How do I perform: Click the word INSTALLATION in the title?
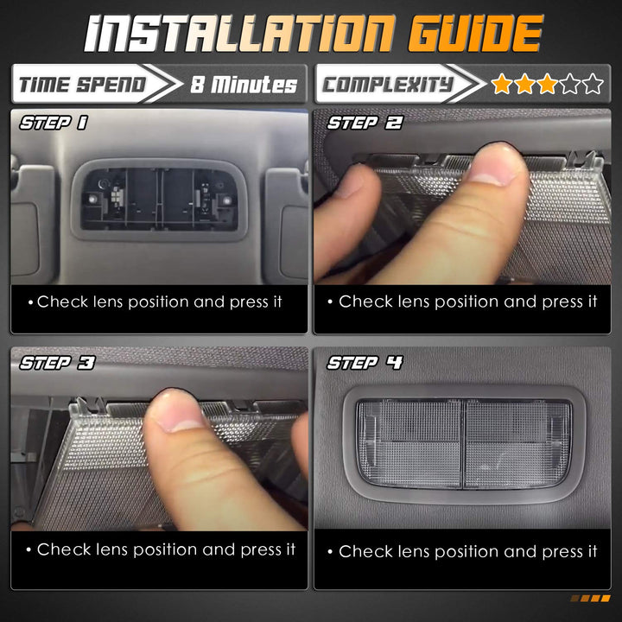(x=240, y=34)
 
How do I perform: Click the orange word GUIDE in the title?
(x=475, y=34)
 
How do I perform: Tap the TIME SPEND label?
(x=83, y=85)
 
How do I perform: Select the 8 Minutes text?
(x=244, y=85)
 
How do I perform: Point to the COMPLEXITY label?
(x=388, y=85)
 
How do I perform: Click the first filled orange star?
(x=502, y=83)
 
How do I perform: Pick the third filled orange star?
(x=548, y=83)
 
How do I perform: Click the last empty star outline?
(x=593, y=83)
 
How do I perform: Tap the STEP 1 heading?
(x=54, y=123)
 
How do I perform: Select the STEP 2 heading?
(x=365, y=123)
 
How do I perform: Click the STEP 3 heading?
(x=57, y=363)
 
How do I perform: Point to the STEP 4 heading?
(x=365, y=363)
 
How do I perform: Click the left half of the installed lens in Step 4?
(x=409, y=443)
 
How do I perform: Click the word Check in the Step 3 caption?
(x=64, y=549)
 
